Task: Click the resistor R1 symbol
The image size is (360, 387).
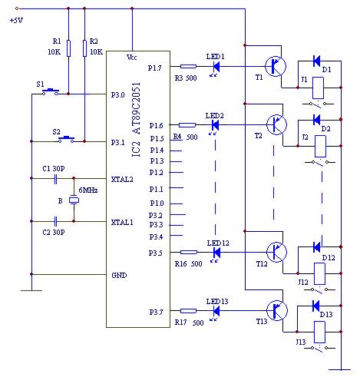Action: point(68,48)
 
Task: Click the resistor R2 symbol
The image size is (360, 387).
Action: point(84,48)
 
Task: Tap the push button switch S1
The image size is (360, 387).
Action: point(51,91)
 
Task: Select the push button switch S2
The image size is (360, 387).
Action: point(66,139)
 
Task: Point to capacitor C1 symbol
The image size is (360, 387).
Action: point(55,178)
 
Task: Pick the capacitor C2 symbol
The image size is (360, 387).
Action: point(55,221)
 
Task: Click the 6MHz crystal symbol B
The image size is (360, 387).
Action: point(74,200)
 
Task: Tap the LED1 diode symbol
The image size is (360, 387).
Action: point(216,67)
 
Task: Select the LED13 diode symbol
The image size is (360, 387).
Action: point(216,311)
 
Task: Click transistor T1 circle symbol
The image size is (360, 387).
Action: point(276,66)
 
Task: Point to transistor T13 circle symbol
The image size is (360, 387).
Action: point(277,310)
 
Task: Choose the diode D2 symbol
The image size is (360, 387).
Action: point(316,120)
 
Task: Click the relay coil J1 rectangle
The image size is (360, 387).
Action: point(319,88)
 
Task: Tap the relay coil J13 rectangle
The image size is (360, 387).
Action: point(319,332)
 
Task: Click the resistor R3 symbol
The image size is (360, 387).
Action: point(188,67)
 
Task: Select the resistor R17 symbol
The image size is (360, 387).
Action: point(188,311)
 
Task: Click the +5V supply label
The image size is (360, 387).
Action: point(16,20)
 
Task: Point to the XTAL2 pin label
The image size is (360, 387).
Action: point(122,180)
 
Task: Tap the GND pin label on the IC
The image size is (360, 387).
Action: point(119,276)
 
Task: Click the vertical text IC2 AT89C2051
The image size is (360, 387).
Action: point(136,120)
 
